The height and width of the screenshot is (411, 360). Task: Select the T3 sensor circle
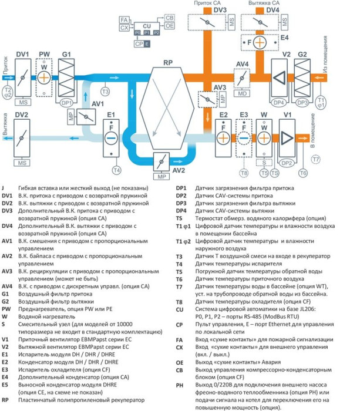pyautogui.click(x=105, y=92)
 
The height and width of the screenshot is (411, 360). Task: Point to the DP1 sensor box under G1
pyautogui.click(x=66, y=103)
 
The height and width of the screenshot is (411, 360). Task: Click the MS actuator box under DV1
pyautogui.click(x=23, y=102)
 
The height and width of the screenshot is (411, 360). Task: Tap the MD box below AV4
pyautogui.click(x=241, y=92)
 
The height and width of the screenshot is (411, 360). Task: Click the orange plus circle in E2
pyautogui.click(x=223, y=138)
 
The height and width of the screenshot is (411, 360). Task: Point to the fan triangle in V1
pyautogui.click(x=287, y=138)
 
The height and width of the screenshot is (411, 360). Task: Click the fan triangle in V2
pyautogui.click(x=281, y=78)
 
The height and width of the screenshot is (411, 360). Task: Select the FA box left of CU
pyautogui.click(x=124, y=21)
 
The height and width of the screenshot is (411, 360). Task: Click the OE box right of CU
pyautogui.click(x=170, y=27)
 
